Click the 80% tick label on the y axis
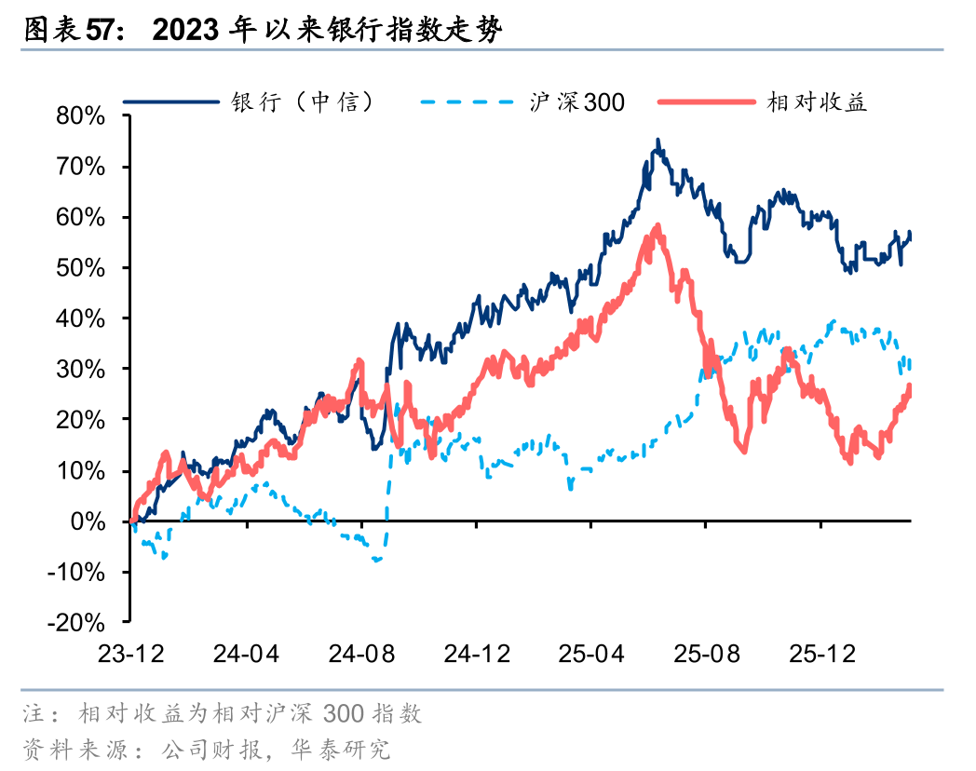pyautogui.click(x=81, y=116)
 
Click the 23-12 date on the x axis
pyautogui.click(x=131, y=654)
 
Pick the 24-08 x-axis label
pyautogui.click(x=361, y=654)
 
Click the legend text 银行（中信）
pyautogui.click(x=303, y=101)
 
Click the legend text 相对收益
pyautogui.click(x=817, y=101)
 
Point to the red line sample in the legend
pyautogui.click(x=706, y=101)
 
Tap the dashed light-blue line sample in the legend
pyautogui.click(x=467, y=101)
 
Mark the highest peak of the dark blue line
pyautogui.click(x=657, y=141)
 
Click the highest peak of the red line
pyautogui.click(x=657, y=226)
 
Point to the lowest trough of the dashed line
pyautogui.click(x=377, y=561)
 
